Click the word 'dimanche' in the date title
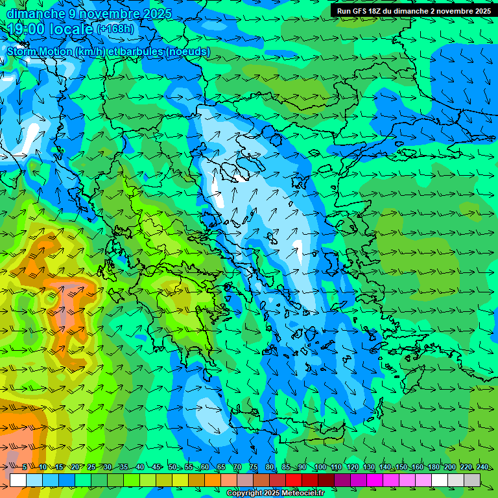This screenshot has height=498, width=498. pos(36,14)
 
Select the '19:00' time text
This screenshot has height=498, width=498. pos(27,29)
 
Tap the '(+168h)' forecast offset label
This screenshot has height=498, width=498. pos(116,29)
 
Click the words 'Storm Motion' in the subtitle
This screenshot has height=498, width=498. pos(40,51)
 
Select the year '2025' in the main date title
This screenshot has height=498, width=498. pos(156,14)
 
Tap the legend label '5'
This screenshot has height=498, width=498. pos(25,468)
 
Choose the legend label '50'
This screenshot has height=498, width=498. pos(172,468)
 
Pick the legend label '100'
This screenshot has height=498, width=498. pos(320,468)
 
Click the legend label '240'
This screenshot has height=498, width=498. pos(482,468)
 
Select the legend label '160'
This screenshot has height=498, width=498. pos(417,468)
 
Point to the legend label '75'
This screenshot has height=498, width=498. pos(254,468)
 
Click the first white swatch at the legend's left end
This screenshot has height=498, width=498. pos(18,480)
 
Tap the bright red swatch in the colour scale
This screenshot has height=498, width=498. pos(294,480)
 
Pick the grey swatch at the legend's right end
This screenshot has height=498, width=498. pos(472,480)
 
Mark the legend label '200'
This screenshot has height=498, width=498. pos(449,468)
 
